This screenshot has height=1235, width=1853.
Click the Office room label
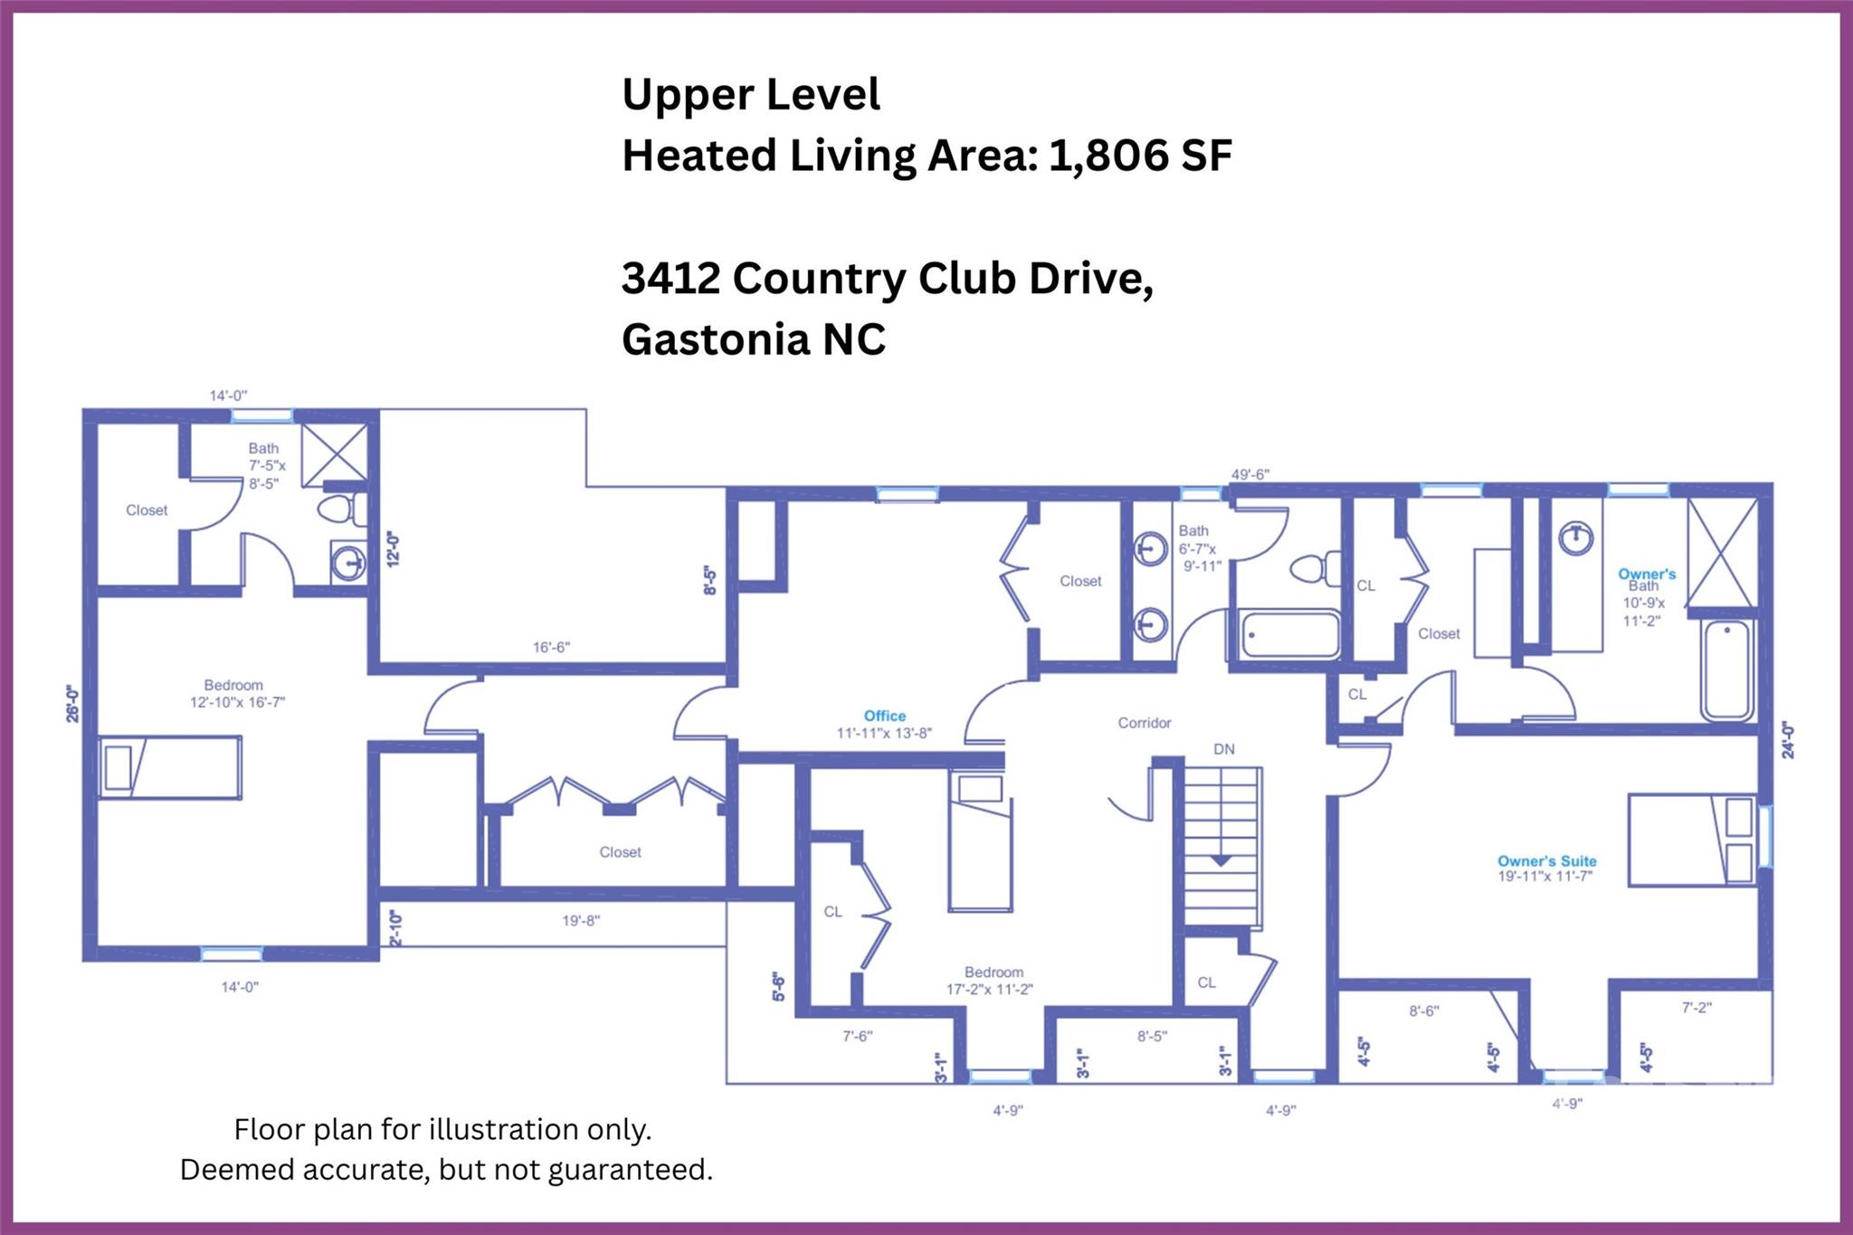(x=884, y=716)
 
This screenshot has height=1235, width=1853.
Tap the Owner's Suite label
(x=1546, y=861)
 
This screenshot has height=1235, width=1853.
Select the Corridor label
(x=1144, y=723)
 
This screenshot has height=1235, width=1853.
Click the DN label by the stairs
(x=1223, y=749)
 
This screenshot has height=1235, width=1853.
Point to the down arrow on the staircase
(x=1221, y=860)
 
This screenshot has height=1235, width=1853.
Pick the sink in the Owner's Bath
(x=1576, y=538)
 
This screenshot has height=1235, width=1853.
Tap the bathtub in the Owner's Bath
(x=1728, y=670)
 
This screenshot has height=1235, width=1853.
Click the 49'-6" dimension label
(x=1250, y=474)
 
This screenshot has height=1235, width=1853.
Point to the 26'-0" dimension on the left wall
(x=72, y=704)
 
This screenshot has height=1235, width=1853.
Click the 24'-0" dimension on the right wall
(x=1787, y=739)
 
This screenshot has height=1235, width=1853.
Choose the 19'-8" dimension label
(x=581, y=921)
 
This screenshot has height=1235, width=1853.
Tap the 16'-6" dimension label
(x=551, y=647)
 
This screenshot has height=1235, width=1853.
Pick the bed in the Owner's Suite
(x=1692, y=840)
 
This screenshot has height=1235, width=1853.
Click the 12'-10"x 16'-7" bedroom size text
(x=237, y=701)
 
